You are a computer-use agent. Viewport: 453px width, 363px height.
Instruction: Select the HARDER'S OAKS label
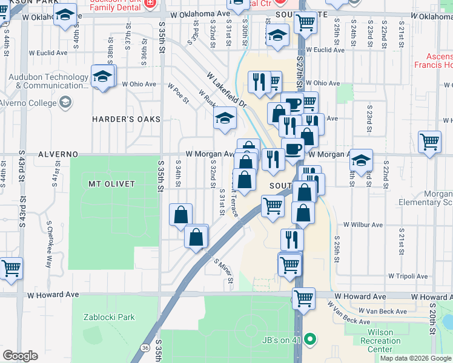(x=126, y=119)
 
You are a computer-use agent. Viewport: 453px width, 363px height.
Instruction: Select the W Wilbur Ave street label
(x=363, y=224)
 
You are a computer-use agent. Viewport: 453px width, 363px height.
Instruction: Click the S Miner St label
(x=223, y=270)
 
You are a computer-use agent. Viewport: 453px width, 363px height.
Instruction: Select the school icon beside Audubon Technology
(x=102, y=76)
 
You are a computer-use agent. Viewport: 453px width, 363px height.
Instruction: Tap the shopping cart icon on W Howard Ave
(x=303, y=297)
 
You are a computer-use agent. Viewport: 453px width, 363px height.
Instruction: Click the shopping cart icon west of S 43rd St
(x=10, y=267)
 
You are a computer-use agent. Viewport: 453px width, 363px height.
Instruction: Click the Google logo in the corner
(x=20, y=355)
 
